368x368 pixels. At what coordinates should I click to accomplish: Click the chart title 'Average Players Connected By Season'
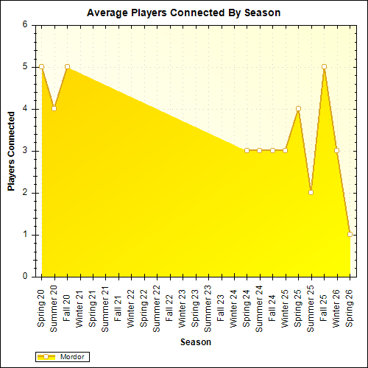(183, 13)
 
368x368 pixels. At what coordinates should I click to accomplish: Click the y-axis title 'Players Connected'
(12, 151)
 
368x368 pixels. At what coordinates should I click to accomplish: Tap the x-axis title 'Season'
(196, 342)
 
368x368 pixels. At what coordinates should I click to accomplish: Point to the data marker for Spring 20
(41, 66)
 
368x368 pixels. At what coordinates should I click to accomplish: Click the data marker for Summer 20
(54, 108)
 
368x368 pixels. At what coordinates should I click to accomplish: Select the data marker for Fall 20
(67, 66)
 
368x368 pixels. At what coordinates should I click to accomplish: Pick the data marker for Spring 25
(298, 108)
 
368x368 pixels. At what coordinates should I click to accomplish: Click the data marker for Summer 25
(311, 193)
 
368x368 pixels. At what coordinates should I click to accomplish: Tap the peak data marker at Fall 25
(324, 66)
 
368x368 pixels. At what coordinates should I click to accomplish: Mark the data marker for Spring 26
(350, 235)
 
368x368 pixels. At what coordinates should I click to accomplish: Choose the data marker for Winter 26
(336, 150)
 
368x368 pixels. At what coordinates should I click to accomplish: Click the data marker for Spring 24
(247, 150)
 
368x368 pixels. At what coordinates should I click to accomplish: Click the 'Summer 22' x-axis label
(157, 308)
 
